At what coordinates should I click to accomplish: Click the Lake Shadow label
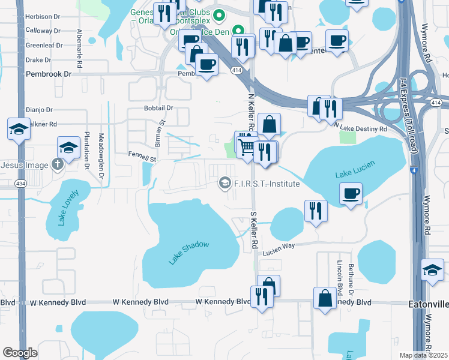[x=189, y=252]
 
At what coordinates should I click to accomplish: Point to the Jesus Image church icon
[x=58, y=165]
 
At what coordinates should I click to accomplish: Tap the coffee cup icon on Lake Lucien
[x=351, y=193]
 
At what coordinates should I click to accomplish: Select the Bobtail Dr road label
[x=158, y=108]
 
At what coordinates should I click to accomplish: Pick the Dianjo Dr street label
[x=40, y=110]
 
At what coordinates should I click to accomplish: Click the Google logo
[x=20, y=353]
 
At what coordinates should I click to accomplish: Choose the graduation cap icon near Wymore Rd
[x=432, y=269]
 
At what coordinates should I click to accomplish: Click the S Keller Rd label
[x=254, y=230]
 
